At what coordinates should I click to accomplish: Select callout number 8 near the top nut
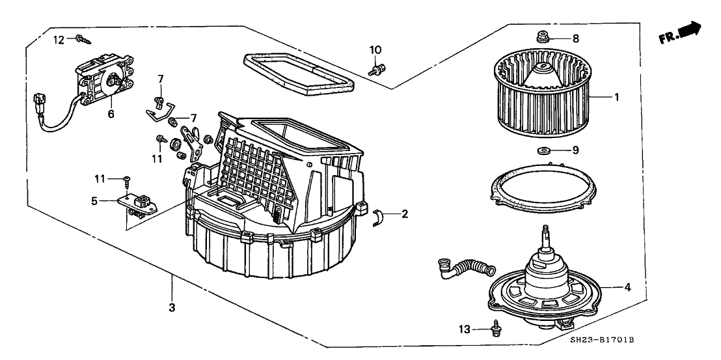pos(575,38)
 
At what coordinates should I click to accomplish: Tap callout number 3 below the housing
pos(172,307)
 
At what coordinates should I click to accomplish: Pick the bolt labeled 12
pos(83,40)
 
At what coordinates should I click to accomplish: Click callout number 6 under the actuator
pos(111,113)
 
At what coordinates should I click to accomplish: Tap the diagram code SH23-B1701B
pos(603,340)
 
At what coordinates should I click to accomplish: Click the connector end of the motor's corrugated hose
pos(446,266)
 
